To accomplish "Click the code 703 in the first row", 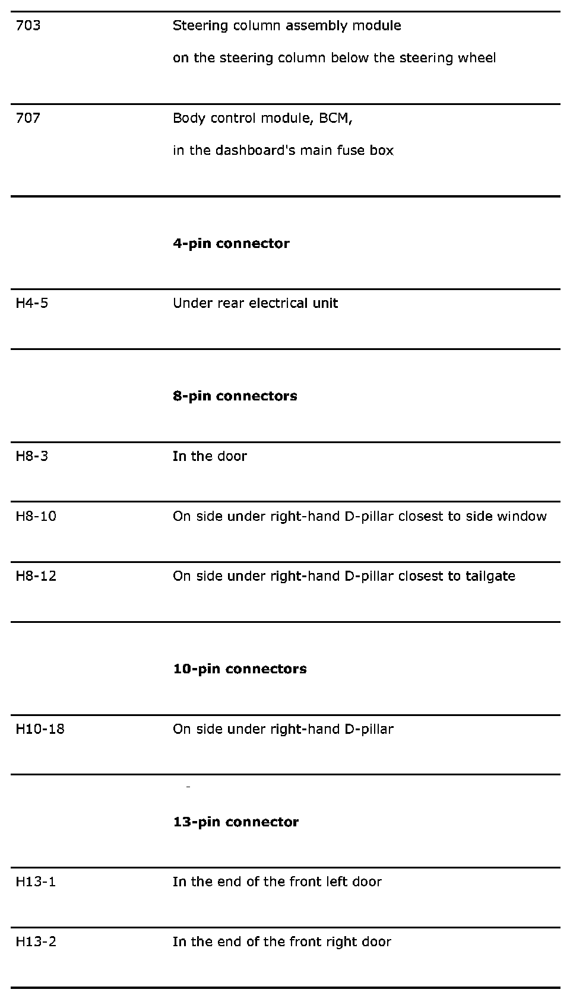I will pos(28,26).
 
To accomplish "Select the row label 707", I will pos(28,118).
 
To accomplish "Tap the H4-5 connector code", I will pos(32,303).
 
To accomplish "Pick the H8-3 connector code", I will pos(32,456).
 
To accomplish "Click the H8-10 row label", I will pos(36,516).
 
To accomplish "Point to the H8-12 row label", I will pos(36,576).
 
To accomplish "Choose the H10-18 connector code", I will pos(40,729).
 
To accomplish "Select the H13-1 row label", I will pos(36,882).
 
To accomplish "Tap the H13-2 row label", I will pos(36,941).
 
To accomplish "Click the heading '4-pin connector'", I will pos(231,243).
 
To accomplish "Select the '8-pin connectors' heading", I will pos(235,396).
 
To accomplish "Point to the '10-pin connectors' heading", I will pos(240,669).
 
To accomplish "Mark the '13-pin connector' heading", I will pos(236,822).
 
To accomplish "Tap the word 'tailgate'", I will pos(490,576).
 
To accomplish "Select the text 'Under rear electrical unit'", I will pos(255,303).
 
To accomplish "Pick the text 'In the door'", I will pos(210,456).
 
